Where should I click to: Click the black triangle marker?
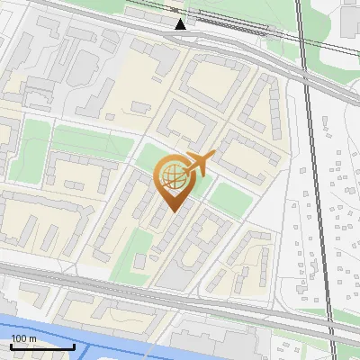coord(181,23)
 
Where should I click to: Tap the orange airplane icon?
coord(199,165)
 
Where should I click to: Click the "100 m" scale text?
coord(23,338)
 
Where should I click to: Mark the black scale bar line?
coord(42,346)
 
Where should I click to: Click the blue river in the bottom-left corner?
coord(54,328)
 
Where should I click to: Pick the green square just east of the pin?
coord(227,200)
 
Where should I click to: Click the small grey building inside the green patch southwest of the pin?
coord(139,262)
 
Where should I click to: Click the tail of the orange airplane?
coord(187,170)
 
